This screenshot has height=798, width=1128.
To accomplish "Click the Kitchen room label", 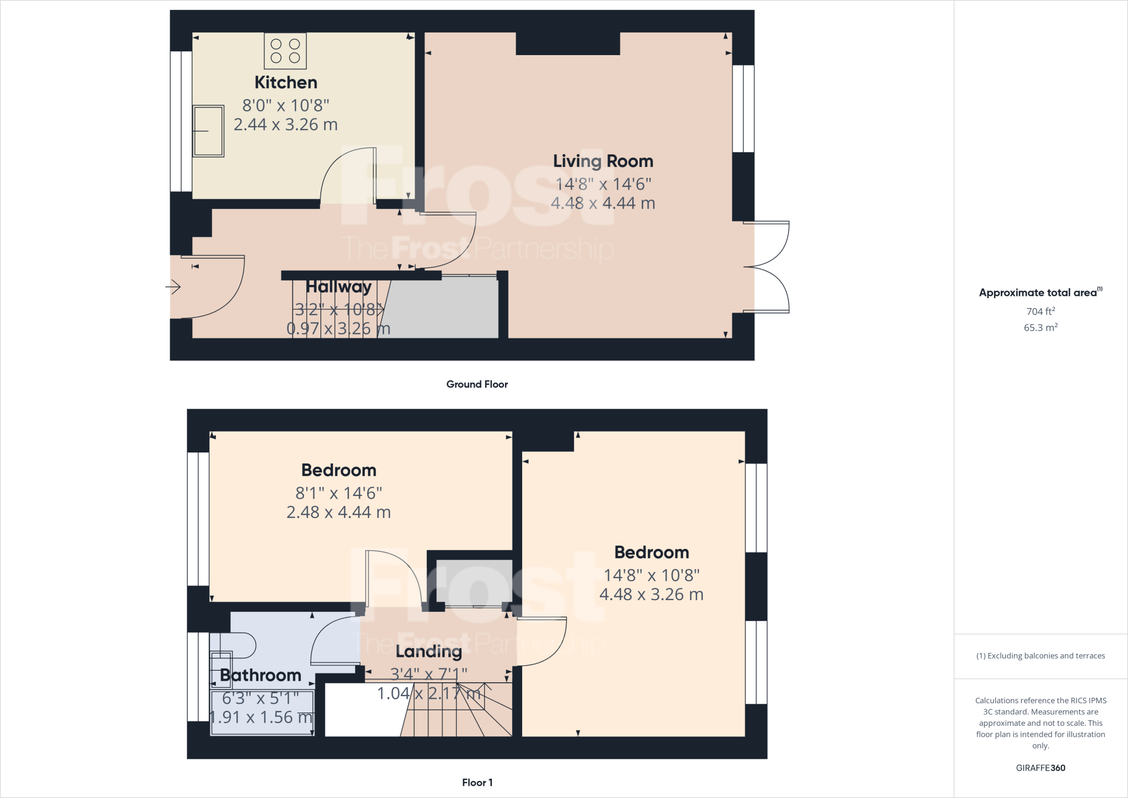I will [x=285, y=83].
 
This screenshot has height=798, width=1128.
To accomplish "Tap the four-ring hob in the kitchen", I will [x=285, y=51].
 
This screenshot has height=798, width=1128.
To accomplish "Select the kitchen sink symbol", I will [x=208, y=131].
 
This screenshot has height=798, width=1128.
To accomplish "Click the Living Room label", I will [x=603, y=161].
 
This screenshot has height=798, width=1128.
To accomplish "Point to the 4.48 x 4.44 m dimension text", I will [x=603, y=203].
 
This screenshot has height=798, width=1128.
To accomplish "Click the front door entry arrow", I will [x=173, y=287].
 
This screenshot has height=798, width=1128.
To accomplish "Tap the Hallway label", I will [x=338, y=287].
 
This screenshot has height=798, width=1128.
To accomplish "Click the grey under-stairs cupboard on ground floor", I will [x=446, y=309].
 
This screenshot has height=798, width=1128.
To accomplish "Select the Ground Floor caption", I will [x=477, y=384].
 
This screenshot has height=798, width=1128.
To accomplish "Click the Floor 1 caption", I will [x=477, y=782].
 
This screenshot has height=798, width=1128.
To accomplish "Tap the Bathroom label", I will [x=261, y=675].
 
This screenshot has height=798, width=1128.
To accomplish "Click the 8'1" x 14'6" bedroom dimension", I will [x=339, y=493].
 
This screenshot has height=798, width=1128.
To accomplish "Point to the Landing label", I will [x=429, y=651].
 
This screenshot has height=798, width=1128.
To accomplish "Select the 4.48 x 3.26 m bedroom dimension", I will [x=651, y=595].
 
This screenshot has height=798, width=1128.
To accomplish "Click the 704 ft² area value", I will [x=1040, y=311].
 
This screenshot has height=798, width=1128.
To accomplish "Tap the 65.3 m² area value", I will [x=1040, y=327].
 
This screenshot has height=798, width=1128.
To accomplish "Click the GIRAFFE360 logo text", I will [x=1040, y=768].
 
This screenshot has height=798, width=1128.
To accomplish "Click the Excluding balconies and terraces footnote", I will [x=1040, y=656].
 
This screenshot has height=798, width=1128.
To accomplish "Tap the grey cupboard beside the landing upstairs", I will [x=474, y=583].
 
